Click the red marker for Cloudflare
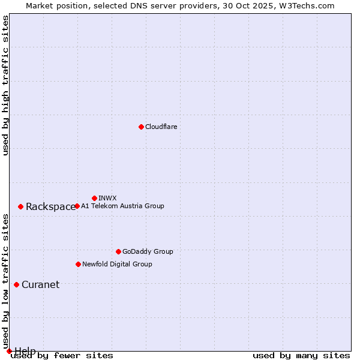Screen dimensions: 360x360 pos(141,127)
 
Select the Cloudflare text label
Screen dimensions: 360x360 pos(161,127)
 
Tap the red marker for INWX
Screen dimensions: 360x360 pos(94,198)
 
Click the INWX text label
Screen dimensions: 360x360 pos(107,198)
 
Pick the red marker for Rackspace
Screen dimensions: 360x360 pos(20,206)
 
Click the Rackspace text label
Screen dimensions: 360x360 pos(50,207)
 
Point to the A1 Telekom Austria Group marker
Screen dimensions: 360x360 pos(77,206)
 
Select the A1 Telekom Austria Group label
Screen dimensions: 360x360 pos(122,206)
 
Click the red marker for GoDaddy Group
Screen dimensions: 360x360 pos(118,251)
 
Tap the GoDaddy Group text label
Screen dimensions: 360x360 pos(148,251)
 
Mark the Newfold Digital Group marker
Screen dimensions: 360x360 pos(78,264)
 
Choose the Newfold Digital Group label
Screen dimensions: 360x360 pos(117,264)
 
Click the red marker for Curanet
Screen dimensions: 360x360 pos(16,284)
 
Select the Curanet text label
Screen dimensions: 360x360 pos(40,285)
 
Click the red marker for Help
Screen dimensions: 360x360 pos(9,351)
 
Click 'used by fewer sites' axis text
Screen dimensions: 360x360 pos(62,356)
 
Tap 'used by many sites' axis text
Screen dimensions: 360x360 pos(301,356)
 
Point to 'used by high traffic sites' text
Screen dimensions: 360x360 pos(5,85)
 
